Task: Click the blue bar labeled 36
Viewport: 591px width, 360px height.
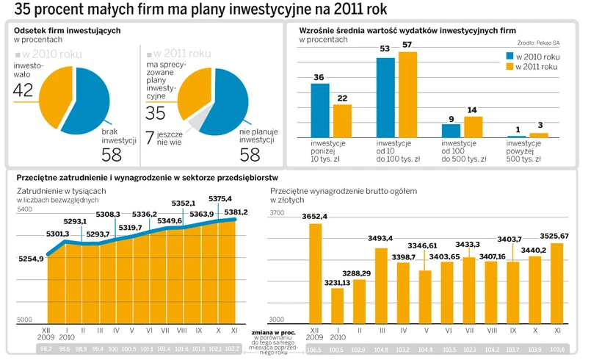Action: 319,110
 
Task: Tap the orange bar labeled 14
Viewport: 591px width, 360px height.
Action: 472,127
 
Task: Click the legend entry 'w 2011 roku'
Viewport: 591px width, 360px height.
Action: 539,68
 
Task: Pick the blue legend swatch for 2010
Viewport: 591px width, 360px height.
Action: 509,56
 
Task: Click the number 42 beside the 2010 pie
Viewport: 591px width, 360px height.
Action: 23,90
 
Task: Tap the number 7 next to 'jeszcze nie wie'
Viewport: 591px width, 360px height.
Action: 150,137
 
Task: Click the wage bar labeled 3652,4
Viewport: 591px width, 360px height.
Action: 315,273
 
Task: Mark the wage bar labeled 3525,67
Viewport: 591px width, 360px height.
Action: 556,282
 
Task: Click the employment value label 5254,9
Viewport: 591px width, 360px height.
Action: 32,259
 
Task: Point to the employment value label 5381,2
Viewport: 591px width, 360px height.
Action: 235,212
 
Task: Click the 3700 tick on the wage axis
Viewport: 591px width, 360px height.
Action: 278,213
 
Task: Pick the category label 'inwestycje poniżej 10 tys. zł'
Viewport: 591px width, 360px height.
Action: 330,151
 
